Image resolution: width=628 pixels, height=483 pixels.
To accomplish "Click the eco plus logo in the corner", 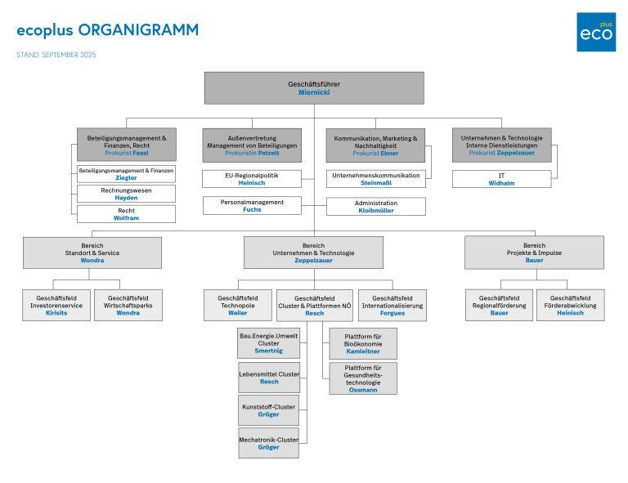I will tap(596, 32).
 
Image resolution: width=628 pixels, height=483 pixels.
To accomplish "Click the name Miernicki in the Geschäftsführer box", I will tap(313, 93).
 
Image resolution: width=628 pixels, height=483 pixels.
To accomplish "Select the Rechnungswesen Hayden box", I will tap(126, 194).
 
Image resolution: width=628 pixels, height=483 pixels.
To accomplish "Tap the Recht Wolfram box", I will tap(126, 214).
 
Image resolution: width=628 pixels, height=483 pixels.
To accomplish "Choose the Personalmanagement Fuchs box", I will tap(252, 205).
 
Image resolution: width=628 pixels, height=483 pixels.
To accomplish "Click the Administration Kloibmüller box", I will tap(376, 206).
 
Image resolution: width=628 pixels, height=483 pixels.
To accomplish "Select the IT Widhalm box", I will tap(501, 179).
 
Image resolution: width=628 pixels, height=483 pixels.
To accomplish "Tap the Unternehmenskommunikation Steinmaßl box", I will tap(376, 179).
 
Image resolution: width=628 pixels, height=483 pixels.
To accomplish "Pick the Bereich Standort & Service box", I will tap(92, 253).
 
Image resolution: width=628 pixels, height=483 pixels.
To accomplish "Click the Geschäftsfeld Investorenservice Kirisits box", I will tap(56, 306).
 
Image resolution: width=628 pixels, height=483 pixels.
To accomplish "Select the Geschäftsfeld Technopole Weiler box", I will tap(238, 306).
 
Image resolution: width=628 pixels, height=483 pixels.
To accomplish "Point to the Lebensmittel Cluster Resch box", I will tap(268, 377).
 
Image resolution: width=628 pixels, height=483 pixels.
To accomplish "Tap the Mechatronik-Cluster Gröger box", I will tap(268, 443).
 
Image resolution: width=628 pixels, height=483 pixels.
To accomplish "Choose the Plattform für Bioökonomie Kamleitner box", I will tap(363, 343).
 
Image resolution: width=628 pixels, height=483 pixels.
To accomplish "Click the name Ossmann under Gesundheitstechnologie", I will tap(363, 390).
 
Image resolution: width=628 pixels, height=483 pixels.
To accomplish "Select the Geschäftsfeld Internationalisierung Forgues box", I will tap(392, 306).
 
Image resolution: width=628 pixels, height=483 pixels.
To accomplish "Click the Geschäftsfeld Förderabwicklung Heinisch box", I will tap(570, 306).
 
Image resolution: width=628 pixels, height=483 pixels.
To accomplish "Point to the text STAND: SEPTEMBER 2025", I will tap(56, 56).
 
